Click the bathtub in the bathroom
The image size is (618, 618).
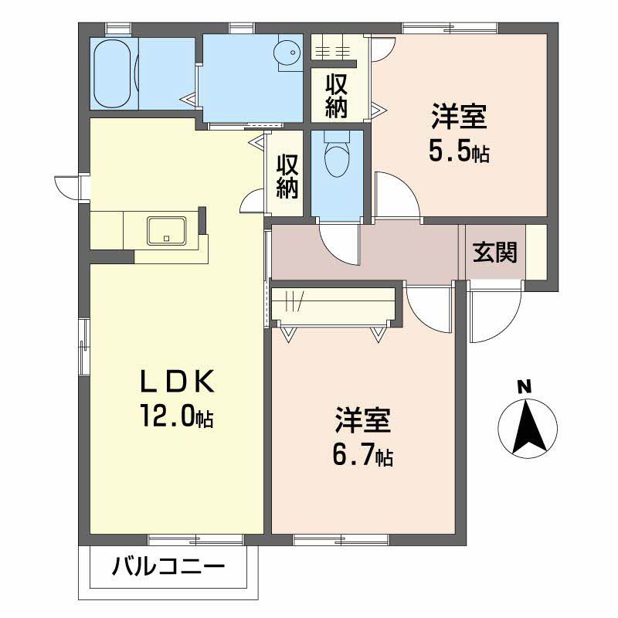[113, 74]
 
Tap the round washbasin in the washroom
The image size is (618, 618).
[288, 53]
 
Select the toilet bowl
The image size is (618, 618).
[337, 158]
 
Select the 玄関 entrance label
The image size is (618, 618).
[495, 252]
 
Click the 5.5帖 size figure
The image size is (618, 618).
[459, 151]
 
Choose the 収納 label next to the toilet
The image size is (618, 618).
[287, 177]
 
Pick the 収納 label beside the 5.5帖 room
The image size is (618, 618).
[335, 95]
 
